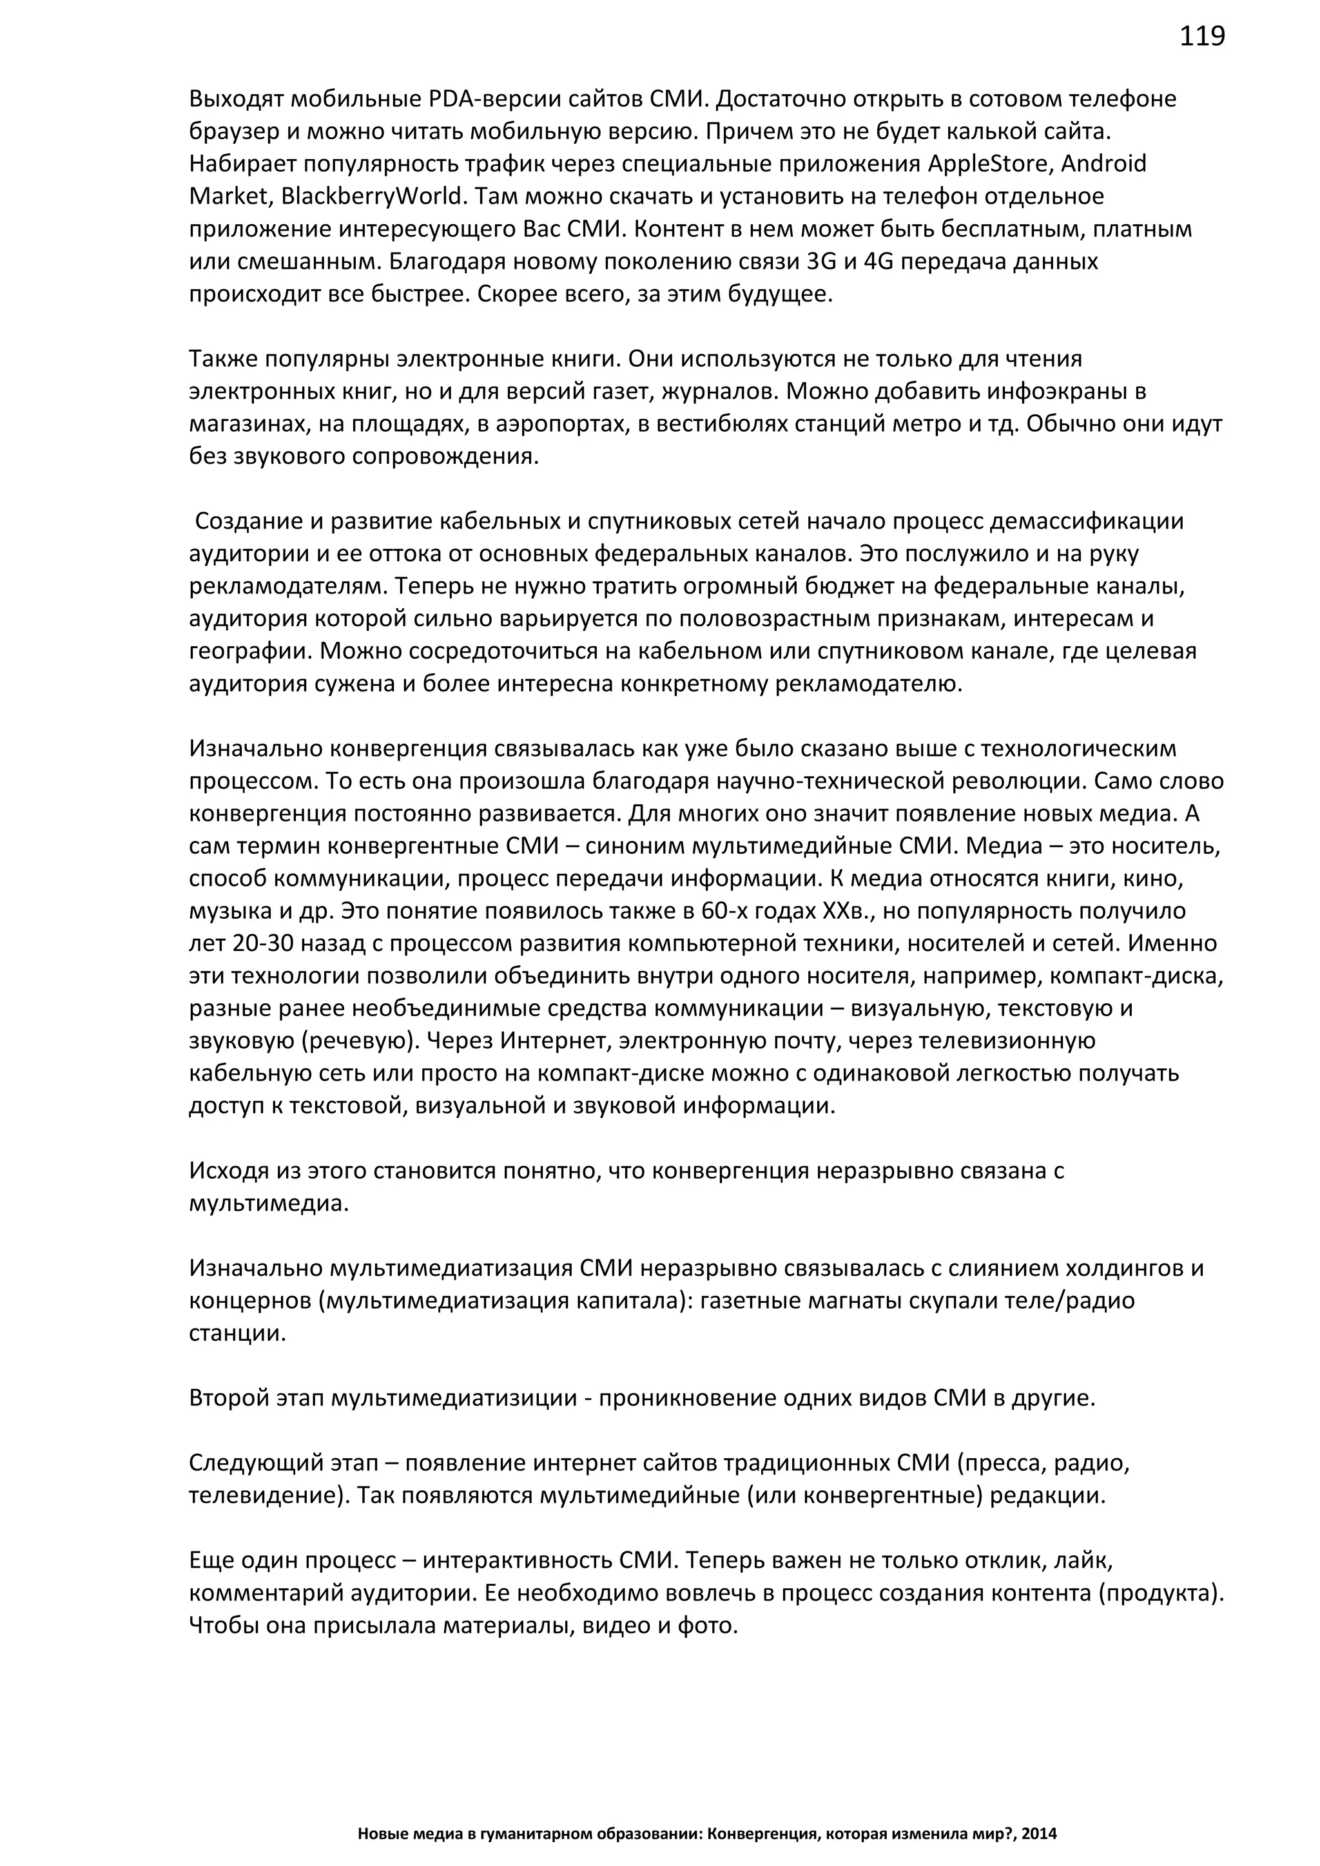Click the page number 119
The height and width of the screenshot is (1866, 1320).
click(x=1201, y=37)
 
